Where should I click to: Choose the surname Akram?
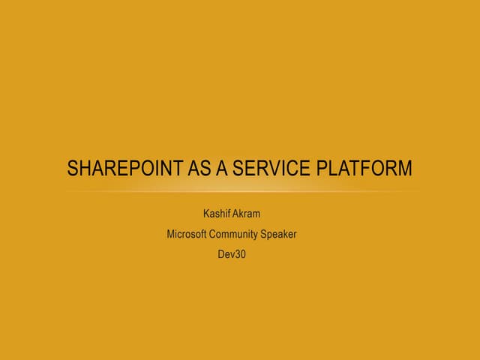pos(247,214)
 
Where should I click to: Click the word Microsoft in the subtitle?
pos(186,234)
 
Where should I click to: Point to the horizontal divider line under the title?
pos(240,192)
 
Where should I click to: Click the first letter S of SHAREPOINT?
pos(73,169)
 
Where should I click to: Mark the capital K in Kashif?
pos(206,214)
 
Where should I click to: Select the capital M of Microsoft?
pos(170,234)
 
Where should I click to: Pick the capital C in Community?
pos(212,234)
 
